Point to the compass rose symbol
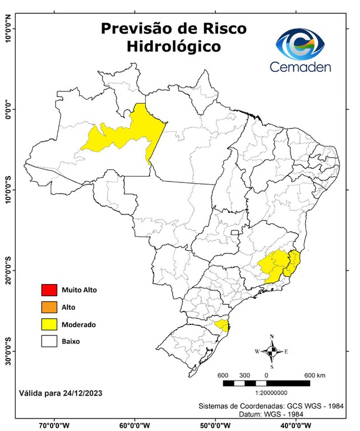[271, 351]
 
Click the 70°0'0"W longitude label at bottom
[54, 425]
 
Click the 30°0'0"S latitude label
[7, 351]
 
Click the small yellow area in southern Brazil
[222, 325]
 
